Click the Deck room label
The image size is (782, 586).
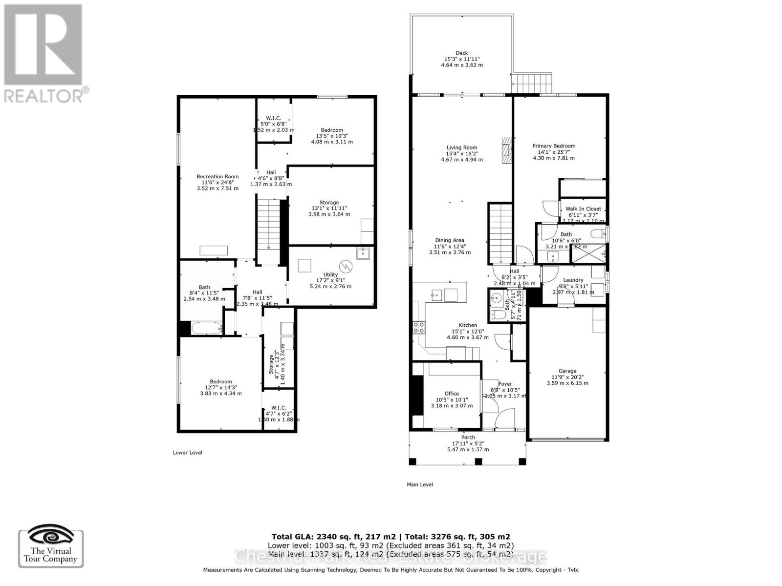click(461, 53)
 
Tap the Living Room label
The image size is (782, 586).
click(461, 147)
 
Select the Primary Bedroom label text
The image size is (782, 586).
click(553, 146)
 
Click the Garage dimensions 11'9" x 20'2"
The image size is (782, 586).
click(567, 377)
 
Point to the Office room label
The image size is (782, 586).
click(452, 394)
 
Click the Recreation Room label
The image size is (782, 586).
click(217, 177)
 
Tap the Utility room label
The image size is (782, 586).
click(330, 275)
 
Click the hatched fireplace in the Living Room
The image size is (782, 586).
click(506, 150)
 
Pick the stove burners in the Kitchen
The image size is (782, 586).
click(419, 328)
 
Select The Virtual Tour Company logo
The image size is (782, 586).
click(51, 548)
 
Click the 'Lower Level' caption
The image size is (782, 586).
click(187, 453)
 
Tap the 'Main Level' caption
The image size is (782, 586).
click(419, 485)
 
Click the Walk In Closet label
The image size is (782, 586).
click(583, 209)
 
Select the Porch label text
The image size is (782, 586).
click(468, 438)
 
